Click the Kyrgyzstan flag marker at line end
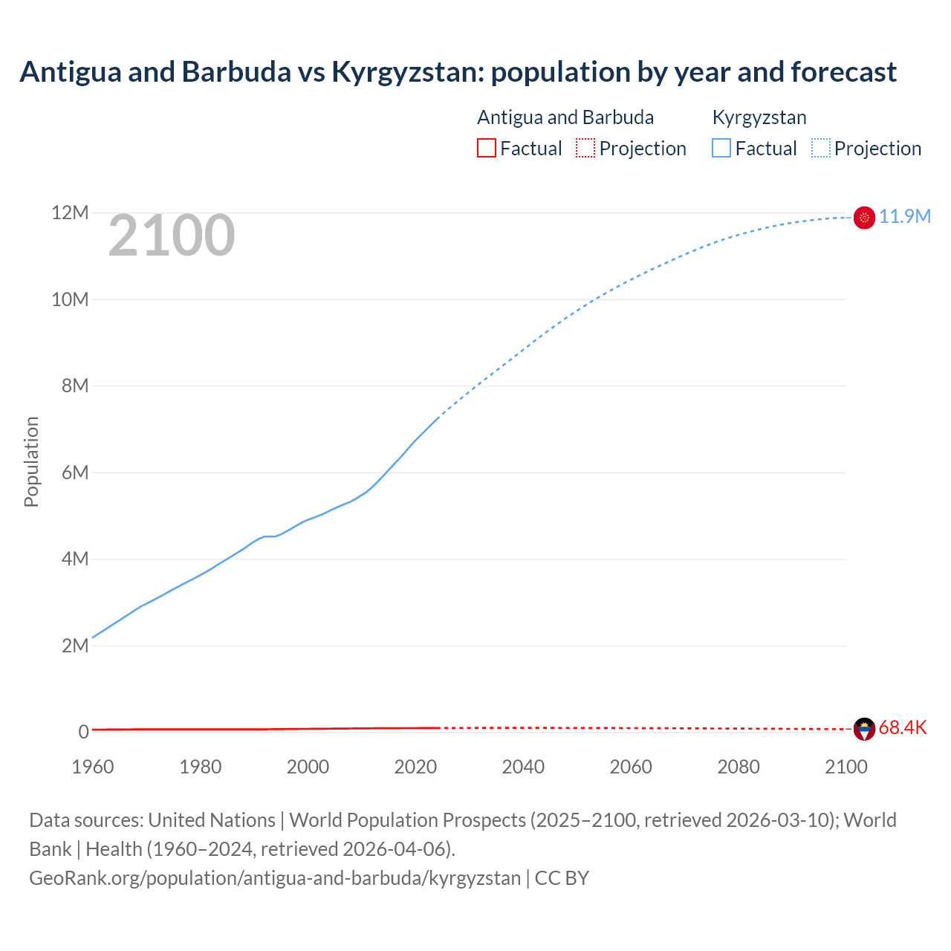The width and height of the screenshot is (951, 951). point(864,218)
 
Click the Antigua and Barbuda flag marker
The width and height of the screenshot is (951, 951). point(864,729)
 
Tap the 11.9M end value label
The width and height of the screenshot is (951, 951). point(905,217)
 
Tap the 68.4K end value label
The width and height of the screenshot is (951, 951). point(903,728)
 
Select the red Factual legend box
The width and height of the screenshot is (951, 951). point(486,149)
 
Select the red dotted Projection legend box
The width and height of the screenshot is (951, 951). point(585,149)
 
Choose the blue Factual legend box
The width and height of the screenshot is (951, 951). point(721,149)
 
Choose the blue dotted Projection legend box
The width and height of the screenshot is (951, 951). point(821,149)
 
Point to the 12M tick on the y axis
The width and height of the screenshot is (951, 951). point(70,213)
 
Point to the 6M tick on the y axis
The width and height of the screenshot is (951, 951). point(75,473)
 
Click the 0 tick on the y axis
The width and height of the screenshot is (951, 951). point(83,732)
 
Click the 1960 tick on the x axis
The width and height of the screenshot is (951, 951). point(93,767)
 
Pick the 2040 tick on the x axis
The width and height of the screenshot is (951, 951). point(523,767)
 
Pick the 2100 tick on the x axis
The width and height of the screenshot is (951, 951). point(845,767)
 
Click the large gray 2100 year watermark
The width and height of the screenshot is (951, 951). point(172,236)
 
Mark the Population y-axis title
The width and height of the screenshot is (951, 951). point(31,461)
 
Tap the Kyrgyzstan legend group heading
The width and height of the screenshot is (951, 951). point(759,117)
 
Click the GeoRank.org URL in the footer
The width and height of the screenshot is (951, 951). point(275,878)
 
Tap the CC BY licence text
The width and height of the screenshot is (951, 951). point(562,878)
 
